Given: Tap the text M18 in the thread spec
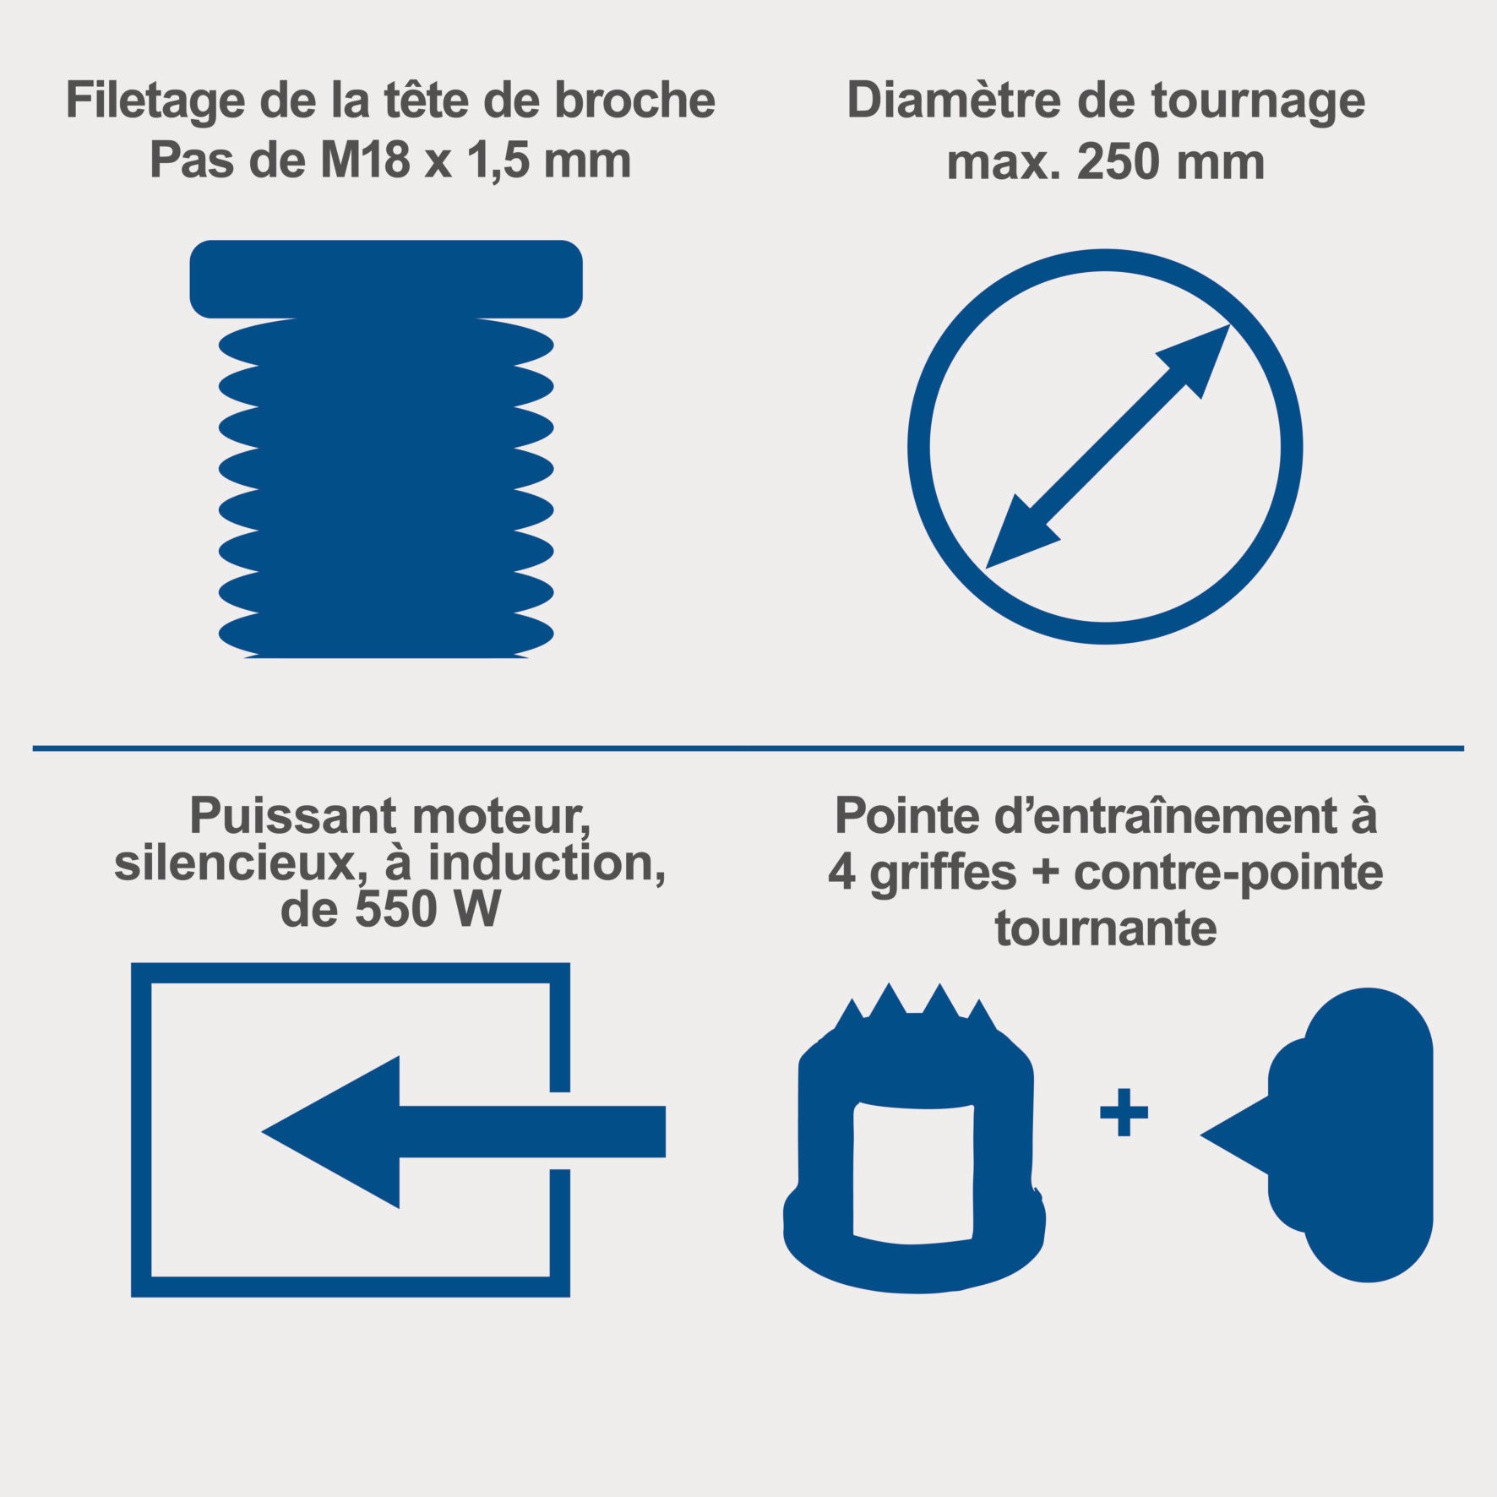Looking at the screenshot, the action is [364, 160].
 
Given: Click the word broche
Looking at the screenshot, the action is [634, 100].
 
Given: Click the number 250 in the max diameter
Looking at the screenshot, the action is [1117, 162].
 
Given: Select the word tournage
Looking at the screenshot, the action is [1259, 103].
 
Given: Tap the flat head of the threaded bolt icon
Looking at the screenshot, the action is [386, 279].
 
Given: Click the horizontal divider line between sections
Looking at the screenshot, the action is [748, 748].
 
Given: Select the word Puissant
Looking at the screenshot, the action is [292, 817].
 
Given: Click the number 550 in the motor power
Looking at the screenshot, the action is [395, 910].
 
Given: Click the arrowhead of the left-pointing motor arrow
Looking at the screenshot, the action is [330, 1131].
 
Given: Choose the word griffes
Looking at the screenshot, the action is [943, 874].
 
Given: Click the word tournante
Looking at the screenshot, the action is [1105, 928].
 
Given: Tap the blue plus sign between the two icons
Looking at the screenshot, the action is [1124, 1112].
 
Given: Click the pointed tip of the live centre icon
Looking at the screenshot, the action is [1203, 1135].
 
